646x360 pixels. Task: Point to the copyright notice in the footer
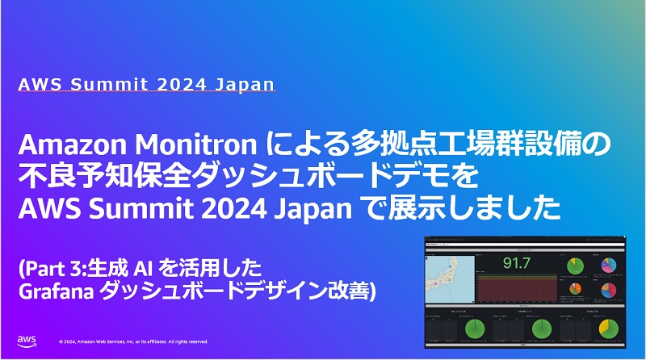pyautogui.click(x=133, y=341)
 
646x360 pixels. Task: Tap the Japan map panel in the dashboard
pyautogui.click(x=448, y=274)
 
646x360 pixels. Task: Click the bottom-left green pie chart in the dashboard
pyautogui.click(x=476, y=330)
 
